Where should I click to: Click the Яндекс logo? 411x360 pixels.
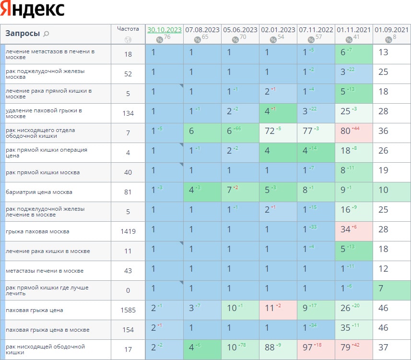point(33,10)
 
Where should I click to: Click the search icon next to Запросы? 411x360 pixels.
point(46,34)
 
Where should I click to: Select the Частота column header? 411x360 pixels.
point(128,29)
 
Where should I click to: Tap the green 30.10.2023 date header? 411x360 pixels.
point(164,30)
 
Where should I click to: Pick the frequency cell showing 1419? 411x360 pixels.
point(128,231)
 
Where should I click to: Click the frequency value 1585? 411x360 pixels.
point(128,310)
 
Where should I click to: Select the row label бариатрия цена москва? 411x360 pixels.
point(39,192)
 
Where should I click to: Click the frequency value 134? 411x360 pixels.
point(128,113)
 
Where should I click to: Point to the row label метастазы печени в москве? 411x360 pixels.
point(45,271)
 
